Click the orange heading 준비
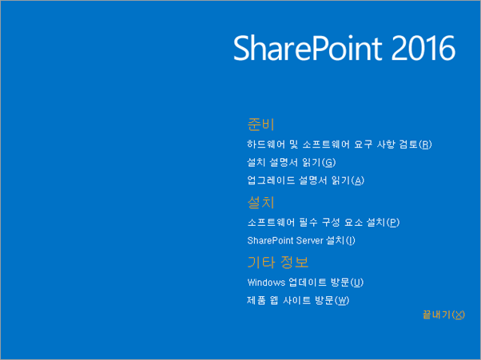click(x=261, y=125)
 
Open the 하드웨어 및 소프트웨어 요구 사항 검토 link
click(x=340, y=144)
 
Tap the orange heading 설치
click(x=261, y=203)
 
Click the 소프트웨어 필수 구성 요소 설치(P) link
click(x=323, y=222)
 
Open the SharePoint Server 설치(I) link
click(x=301, y=240)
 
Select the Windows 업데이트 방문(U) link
click(x=305, y=283)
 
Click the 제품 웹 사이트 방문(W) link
click(x=299, y=301)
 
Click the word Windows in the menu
click(x=266, y=283)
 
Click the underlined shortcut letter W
click(x=343, y=301)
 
